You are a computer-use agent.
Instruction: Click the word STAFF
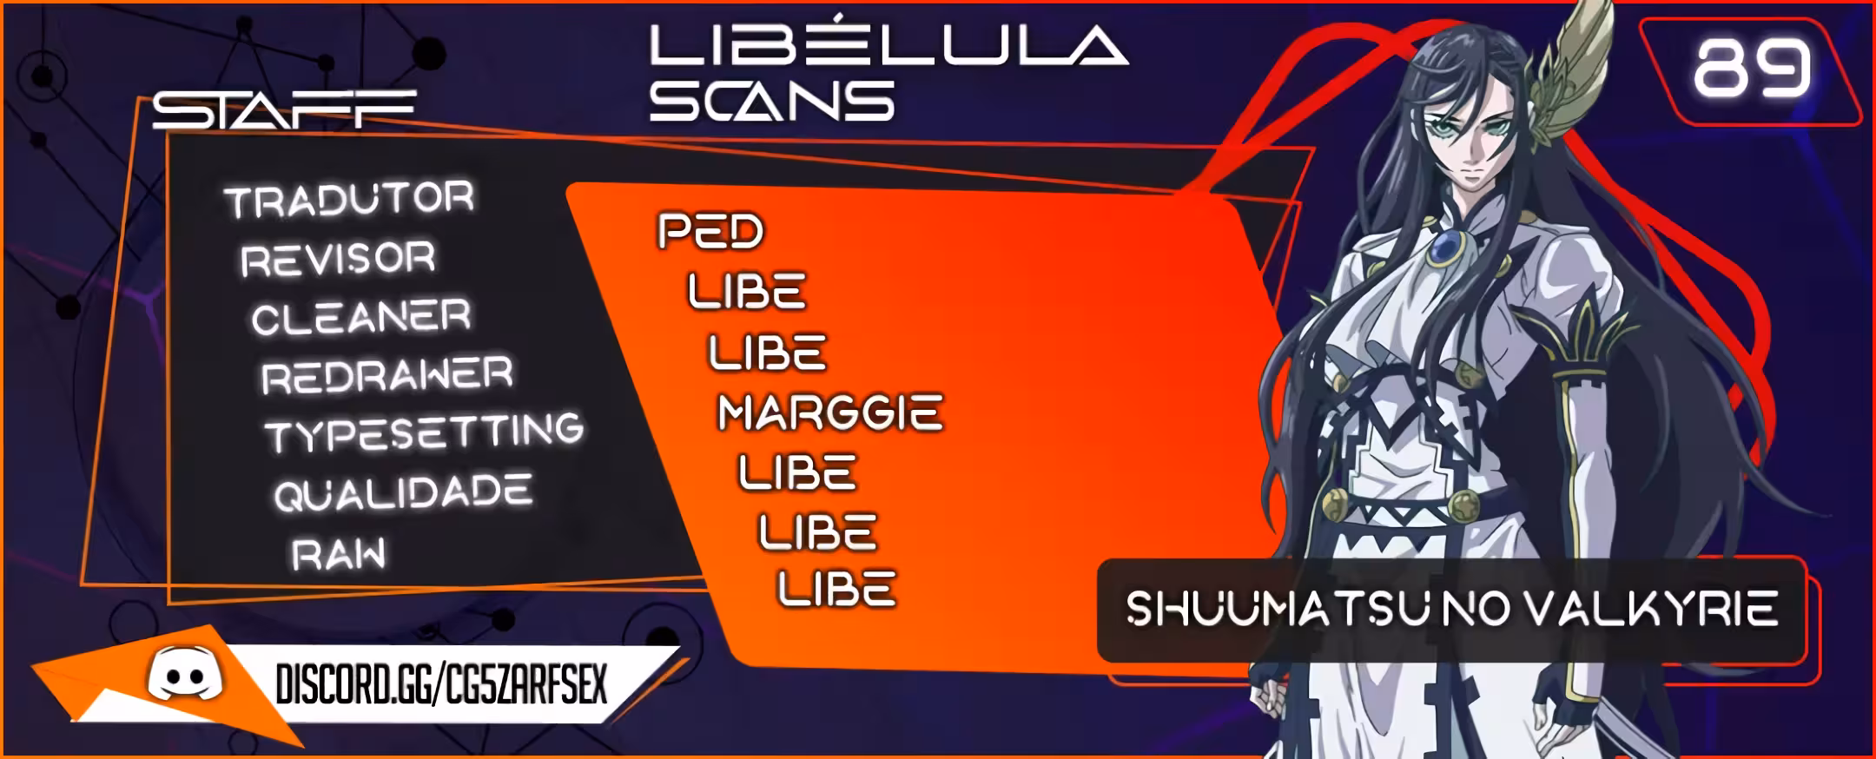(284, 109)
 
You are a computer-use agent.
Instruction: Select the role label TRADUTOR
(349, 200)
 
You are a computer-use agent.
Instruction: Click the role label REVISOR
(338, 260)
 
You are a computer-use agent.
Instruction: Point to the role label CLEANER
(361, 318)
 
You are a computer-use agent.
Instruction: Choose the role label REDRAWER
(387, 376)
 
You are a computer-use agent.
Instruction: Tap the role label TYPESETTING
(425, 432)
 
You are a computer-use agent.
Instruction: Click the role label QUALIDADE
(403, 492)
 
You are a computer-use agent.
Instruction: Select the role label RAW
(339, 554)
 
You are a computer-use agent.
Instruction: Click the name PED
(710, 231)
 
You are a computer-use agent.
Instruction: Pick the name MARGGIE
(830, 412)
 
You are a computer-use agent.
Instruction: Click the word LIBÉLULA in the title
(888, 44)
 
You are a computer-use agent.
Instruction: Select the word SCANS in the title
(772, 101)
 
